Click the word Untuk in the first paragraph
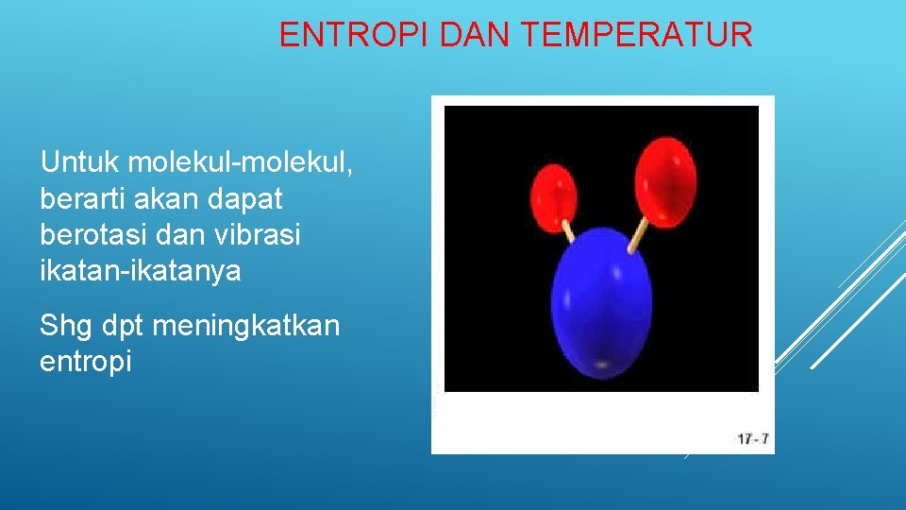coord(79,162)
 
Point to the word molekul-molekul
coord(241,162)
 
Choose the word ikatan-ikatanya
coord(141,272)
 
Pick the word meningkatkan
coord(244,326)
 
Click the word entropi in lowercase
coord(86,362)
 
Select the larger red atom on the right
coord(666,181)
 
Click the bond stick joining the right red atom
coord(639,234)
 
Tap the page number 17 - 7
coord(752,438)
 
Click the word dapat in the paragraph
coord(249,199)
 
